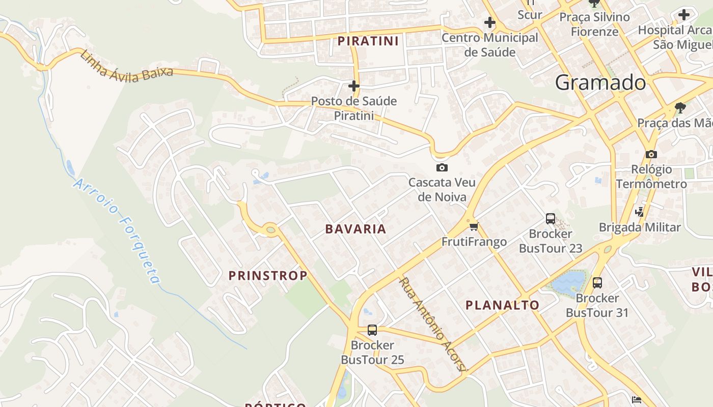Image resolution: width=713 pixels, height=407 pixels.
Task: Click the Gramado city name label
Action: pos(600,82)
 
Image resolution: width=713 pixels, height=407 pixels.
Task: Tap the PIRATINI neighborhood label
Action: pos(368,41)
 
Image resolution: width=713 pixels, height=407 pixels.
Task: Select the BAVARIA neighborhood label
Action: pos(356,229)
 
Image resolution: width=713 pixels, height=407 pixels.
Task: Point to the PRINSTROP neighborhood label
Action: pos(268,276)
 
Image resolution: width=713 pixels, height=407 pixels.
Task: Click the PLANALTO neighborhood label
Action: pos(503,305)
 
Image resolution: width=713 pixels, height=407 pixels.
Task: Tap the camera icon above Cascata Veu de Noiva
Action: pos(442,167)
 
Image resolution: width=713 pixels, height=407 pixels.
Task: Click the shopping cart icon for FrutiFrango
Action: pos(474,227)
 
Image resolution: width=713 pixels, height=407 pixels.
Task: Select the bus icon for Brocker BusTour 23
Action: pos(551,219)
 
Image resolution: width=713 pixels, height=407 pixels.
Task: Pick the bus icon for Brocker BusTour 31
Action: pos(597,282)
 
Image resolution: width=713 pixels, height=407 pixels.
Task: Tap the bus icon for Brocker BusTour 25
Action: pos(372,330)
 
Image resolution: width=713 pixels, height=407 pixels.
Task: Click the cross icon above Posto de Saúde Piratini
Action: pos(354,85)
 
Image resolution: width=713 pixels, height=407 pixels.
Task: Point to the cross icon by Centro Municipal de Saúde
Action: pos(490,22)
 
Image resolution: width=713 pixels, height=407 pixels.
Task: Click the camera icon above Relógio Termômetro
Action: pos(651,154)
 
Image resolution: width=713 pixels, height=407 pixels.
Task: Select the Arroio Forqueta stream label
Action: pos(117,230)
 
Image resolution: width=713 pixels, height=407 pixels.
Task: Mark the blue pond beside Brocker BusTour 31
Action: pos(568,282)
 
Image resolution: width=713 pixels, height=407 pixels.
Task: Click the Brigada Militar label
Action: pos(640,227)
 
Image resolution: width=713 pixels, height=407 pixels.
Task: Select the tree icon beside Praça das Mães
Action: pos(679,107)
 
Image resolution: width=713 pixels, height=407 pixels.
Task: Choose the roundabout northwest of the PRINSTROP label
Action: pos(270,229)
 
